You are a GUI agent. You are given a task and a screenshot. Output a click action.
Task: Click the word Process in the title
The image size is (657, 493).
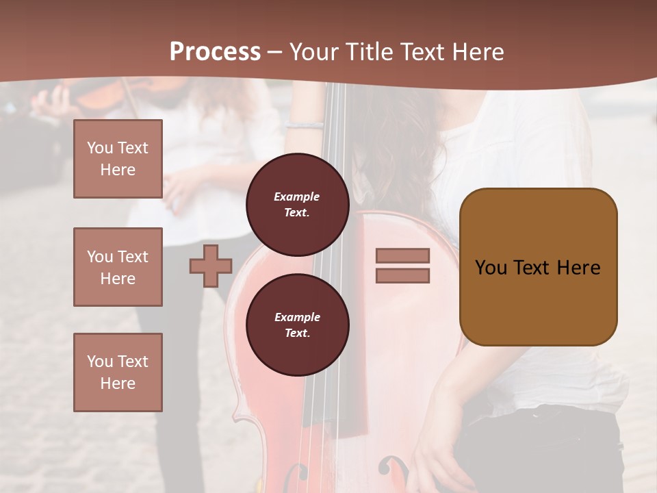(x=215, y=52)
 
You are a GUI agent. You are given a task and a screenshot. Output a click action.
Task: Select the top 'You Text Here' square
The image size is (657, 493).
(x=118, y=159)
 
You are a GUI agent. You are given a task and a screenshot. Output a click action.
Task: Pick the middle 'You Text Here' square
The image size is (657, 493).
(x=118, y=267)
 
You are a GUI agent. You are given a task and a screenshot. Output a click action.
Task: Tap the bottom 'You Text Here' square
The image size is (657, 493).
(x=118, y=372)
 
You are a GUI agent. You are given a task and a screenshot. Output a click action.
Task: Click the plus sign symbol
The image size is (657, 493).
(x=211, y=266)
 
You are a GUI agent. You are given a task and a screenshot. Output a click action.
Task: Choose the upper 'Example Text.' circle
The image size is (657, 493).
(x=297, y=205)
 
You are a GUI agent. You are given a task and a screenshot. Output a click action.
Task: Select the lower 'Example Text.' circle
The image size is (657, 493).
(x=297, y=325)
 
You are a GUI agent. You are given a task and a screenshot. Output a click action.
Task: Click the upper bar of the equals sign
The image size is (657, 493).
(x=402, y=255)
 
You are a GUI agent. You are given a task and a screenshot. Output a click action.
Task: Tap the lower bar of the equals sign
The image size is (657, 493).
(x=402, y=275)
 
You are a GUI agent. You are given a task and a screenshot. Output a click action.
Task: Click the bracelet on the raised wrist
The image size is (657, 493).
(x=304, y=125)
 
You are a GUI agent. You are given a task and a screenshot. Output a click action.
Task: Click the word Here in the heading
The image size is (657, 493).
(x=477, y=52)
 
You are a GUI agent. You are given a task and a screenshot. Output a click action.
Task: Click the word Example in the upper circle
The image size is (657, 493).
(x=297, y=197)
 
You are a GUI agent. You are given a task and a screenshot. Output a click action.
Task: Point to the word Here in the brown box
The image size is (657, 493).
(x=578, y=268)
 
